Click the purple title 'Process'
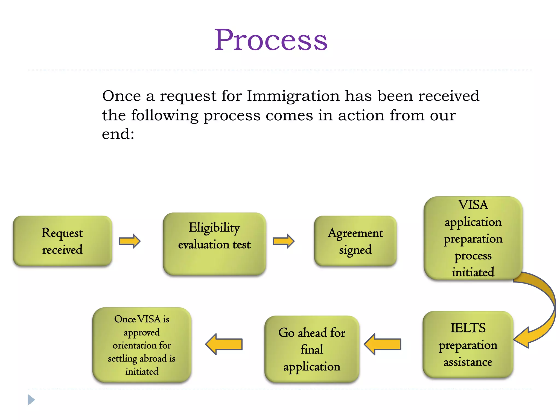pos(271,40)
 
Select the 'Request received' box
pos(62,241)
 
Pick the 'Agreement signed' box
pos(355,241)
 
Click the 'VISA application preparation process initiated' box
pos(473,238)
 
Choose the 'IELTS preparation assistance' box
pos(468,345)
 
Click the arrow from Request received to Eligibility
pos(130,241)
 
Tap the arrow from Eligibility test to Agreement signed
pos(284,241)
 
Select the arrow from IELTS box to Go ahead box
pos(383,344)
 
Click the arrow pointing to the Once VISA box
pos(224,344)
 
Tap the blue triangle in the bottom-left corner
pos(31,400)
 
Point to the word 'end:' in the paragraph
pos(118,134)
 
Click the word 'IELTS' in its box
pos(468,328)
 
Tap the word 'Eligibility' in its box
pos(214,227)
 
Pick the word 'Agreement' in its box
pos(355,233)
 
